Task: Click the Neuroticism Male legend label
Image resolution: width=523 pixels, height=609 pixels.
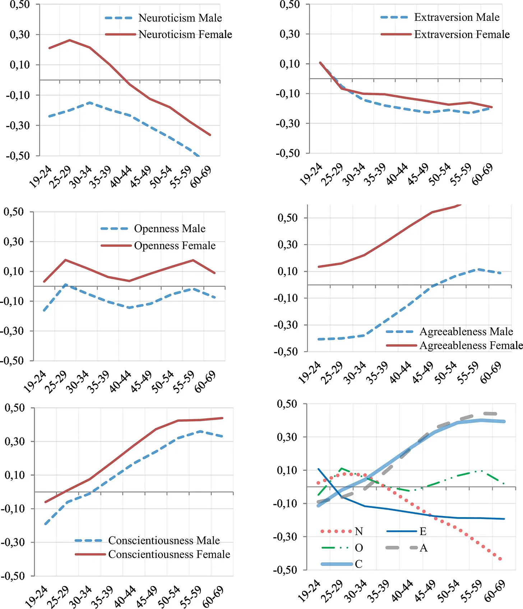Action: tap(180, 18)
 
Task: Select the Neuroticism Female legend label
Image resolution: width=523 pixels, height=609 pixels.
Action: tap(185, 34)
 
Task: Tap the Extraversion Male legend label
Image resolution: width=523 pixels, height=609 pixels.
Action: tap(457, 17)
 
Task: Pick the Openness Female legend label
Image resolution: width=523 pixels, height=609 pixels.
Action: tap(175, 246)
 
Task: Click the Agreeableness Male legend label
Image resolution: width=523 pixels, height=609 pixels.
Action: tap(466, 332)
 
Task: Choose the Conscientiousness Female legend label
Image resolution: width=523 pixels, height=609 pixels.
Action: tap(169, 554)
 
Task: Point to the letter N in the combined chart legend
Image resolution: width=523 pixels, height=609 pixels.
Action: tap(359, 531)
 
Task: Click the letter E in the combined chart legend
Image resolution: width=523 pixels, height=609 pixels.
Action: tap(423, 531)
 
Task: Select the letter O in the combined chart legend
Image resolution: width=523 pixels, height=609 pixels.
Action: tap(359, 548)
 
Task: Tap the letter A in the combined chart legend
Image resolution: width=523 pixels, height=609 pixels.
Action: tap(424, 548)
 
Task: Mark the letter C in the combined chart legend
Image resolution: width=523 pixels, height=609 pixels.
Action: tap(359, 564)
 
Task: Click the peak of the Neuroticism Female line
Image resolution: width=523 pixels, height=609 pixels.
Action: tap(70, 40)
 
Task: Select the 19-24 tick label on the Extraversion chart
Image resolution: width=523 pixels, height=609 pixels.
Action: tap(311, 174)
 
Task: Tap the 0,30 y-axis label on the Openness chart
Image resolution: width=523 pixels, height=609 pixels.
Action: tap(14, 242)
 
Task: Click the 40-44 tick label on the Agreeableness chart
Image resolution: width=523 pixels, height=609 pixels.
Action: tap(401, 373)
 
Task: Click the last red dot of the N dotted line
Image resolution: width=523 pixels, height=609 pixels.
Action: tap(500, 559)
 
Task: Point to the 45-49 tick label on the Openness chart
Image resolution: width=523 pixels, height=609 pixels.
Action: tap(141, 381)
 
